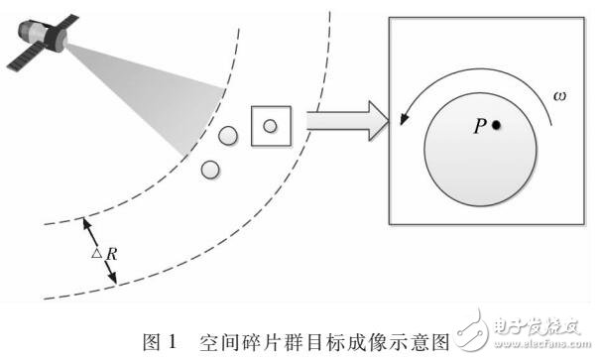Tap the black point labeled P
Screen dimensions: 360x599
pos(496,125)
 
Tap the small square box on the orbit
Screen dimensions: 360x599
pos(269,125)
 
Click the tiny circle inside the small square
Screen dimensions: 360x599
pos(269,125)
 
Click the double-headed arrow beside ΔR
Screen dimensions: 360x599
pos(99,253)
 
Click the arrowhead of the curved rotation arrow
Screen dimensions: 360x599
pos(404,120)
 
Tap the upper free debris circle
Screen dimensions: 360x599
pos(228,135)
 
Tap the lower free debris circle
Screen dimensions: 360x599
pos(209,169)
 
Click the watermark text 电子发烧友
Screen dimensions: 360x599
pos(537,325)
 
